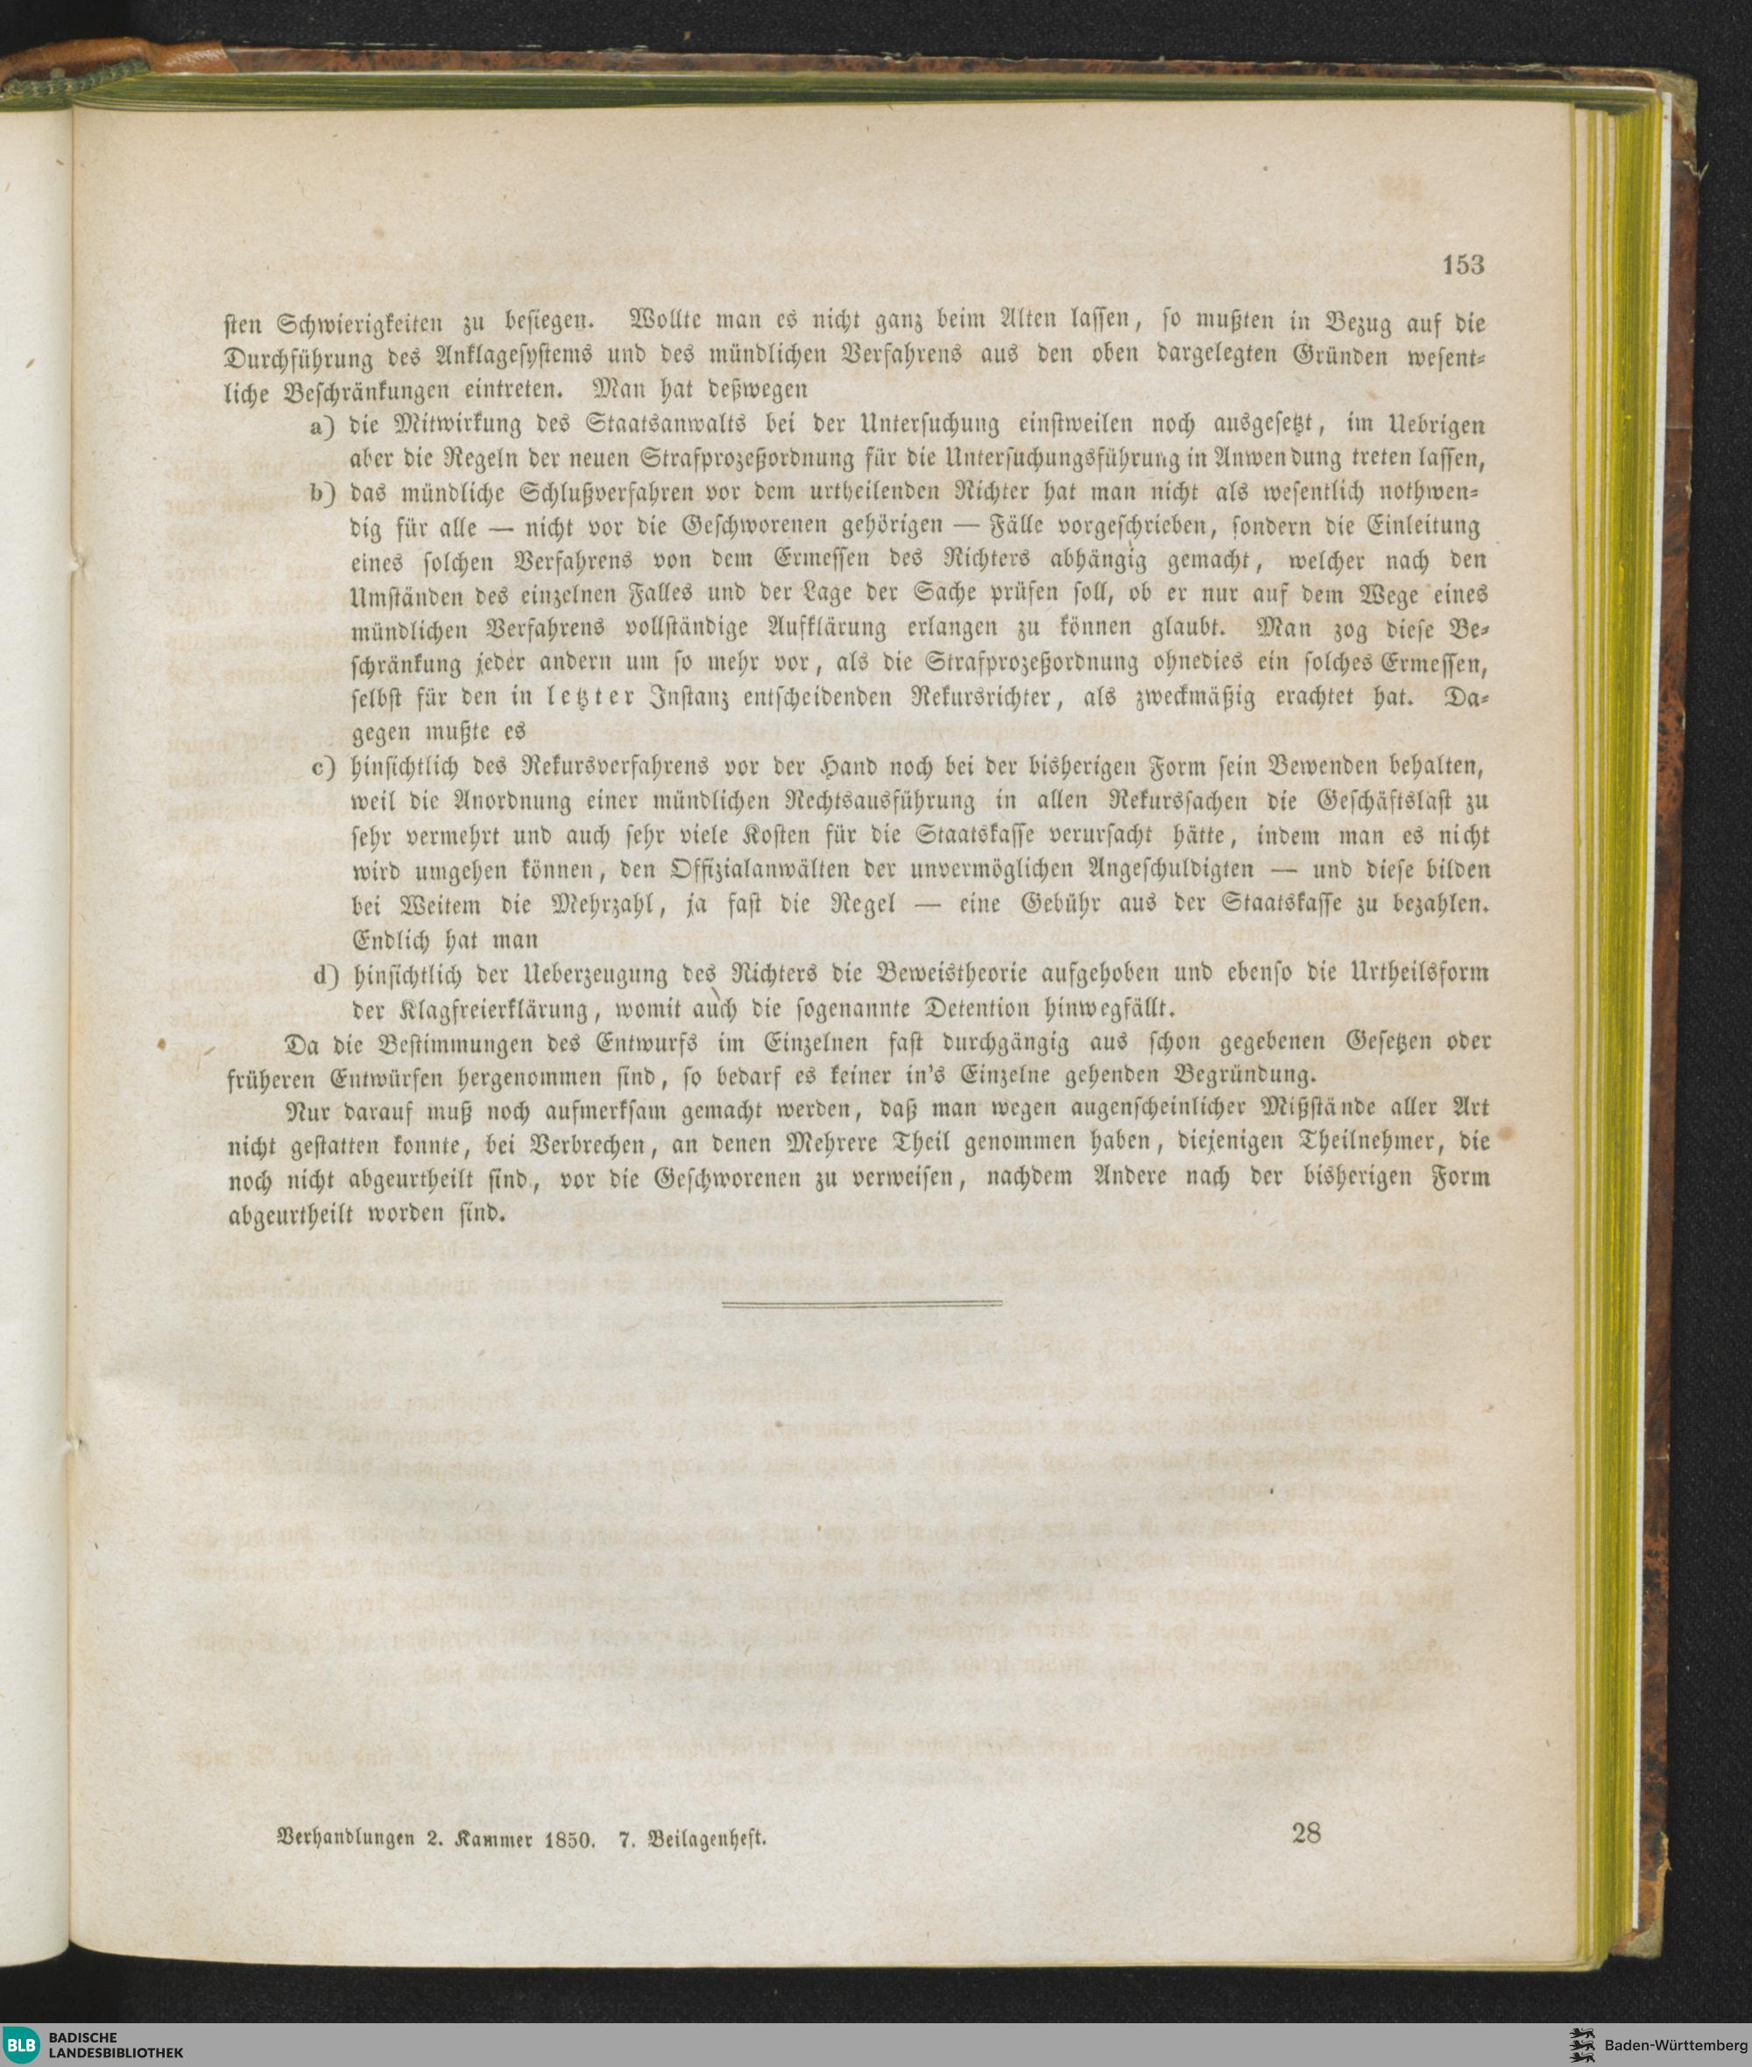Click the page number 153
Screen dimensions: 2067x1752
1463,265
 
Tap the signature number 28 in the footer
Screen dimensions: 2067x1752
1306,1832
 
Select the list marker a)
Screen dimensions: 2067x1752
322,426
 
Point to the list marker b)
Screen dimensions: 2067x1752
322,493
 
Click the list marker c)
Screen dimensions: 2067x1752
322,768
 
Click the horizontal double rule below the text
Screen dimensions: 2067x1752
861,1303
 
